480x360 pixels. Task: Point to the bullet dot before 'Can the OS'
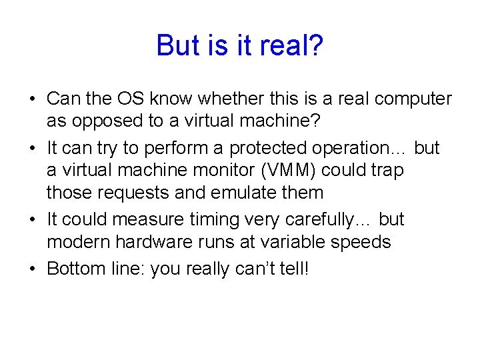32,99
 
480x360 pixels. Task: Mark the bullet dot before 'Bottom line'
32,269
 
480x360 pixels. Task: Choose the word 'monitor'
190,171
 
